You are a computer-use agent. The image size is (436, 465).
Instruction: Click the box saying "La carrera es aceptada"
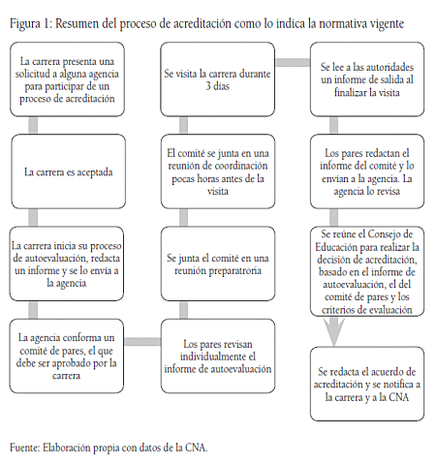68,173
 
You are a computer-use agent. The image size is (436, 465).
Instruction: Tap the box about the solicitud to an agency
68,80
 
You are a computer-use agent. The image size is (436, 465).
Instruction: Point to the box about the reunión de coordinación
215,172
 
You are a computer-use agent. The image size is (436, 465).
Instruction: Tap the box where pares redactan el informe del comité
366,171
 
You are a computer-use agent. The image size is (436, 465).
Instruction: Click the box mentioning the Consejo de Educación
366,273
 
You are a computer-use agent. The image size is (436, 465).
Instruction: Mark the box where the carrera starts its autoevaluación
68,263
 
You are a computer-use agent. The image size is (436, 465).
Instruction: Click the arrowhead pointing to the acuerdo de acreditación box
332,334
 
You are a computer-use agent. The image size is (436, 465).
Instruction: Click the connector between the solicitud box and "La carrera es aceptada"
34,126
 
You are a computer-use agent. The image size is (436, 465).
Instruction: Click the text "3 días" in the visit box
215,87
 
